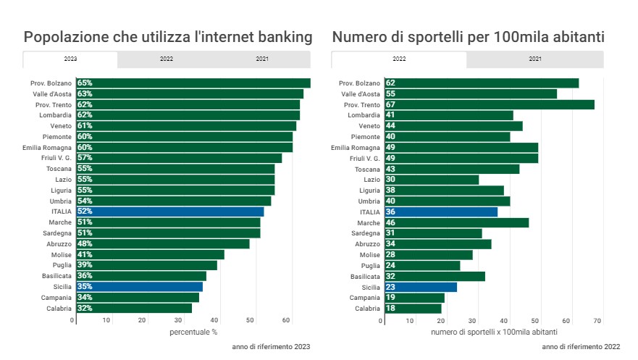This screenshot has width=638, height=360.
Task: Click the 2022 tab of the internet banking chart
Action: pyautogui.click(x=166, y=59)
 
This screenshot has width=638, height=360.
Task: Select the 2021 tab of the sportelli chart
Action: pyautogui.click(x=534, y=59)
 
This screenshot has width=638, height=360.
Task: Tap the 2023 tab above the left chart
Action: pyautogui.click(x=70, y=59)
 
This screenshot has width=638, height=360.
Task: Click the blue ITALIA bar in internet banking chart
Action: pyautogui.click(x=169, y=212)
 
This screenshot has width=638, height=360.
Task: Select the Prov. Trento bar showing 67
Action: pyautogui.click(x=499, y=104)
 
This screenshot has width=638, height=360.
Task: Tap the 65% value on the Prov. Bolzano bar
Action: pyautogui.click(x=85, y=83)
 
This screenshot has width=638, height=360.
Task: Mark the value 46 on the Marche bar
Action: pyautogui.click(x=391, y=222)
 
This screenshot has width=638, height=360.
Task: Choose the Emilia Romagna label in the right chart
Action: pyautogui.click(x=356, y=147)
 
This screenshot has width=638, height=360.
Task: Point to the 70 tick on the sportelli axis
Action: pyautogui.click(x=598, y=319)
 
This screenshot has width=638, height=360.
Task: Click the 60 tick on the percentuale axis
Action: pyautogui.click(x=286, y=319)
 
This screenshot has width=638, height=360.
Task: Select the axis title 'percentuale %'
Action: pyautogui.click(x=193, y=332)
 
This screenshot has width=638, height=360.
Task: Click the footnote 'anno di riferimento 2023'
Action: pyautogui.click(x=271, y=347)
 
